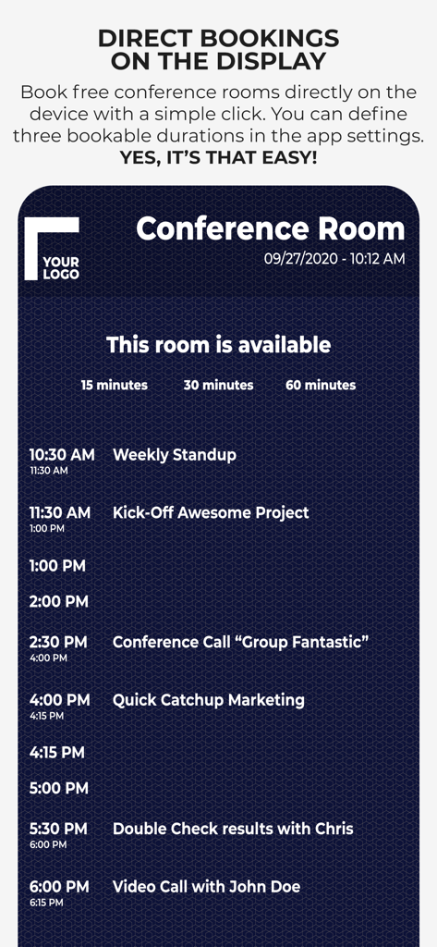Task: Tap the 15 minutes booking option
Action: click(114, 385)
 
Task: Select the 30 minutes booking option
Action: click(218, 385)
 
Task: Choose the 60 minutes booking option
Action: click(321, 385)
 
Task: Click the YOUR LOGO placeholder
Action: click(53, 248)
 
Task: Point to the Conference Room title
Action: click(270, 228)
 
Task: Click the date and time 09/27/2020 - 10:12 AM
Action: click(334, 259)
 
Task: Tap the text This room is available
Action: click(218, 345)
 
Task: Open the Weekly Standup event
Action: click(174, 455)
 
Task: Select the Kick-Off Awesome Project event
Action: click(211, 512)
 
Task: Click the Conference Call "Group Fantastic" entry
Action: click(240, 642)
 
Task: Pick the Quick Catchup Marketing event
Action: click(208, 700)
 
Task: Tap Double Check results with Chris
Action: click(233, 829)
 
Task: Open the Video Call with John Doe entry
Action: click(206, 887)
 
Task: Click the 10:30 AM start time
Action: click(61, 455)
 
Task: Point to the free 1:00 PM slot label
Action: click(57, 566)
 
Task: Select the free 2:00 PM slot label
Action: click(58, 602)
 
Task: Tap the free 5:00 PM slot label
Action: click(58, 789)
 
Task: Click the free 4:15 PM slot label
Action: click(56, 753)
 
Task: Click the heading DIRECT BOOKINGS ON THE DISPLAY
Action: click(218, 50)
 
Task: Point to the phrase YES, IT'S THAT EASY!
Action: click(218, 157)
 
